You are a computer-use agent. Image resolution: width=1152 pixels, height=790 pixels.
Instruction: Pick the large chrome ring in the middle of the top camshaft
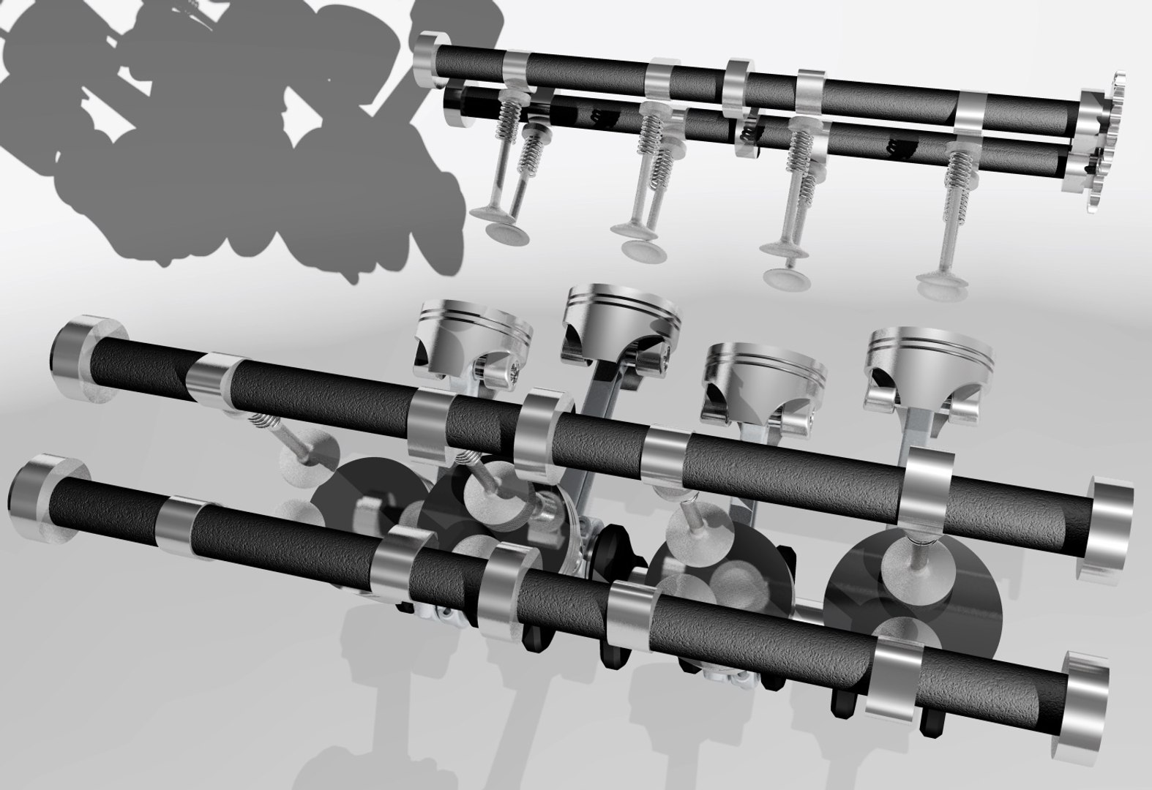tap(738, 88)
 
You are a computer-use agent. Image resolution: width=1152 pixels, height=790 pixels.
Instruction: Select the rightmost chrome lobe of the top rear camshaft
tap(978, 117)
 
